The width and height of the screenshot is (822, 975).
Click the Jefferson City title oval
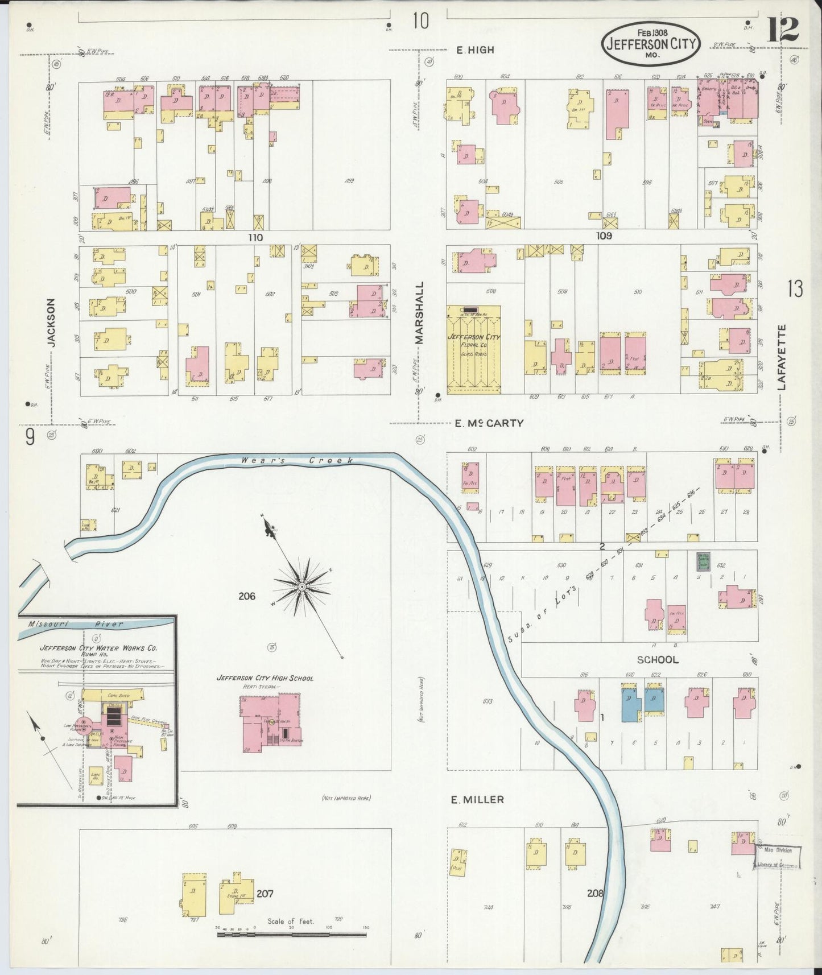pyautogui.click(x=651, y=43)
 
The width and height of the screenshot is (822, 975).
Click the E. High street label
pyautogui.click(x=475, y=50)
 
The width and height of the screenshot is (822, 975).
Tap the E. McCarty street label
pyautogui.click(x=489, y=423)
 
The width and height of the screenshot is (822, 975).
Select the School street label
pyautogui.click(x=657, y=660)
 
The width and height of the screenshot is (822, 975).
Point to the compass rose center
pyautogui.click(x=301, y=586)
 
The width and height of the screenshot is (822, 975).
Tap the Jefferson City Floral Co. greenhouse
pyautogui.click(x=474, y=349)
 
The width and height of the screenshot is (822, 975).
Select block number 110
pyautogui.click(x=255, y=238)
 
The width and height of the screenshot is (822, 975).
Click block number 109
pyautogui.click(x=604, y=236)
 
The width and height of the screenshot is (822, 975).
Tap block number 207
pyautogui.click(x=265, y=893)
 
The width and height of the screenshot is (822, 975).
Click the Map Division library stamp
pyautogui.click(x=778, y=857)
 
